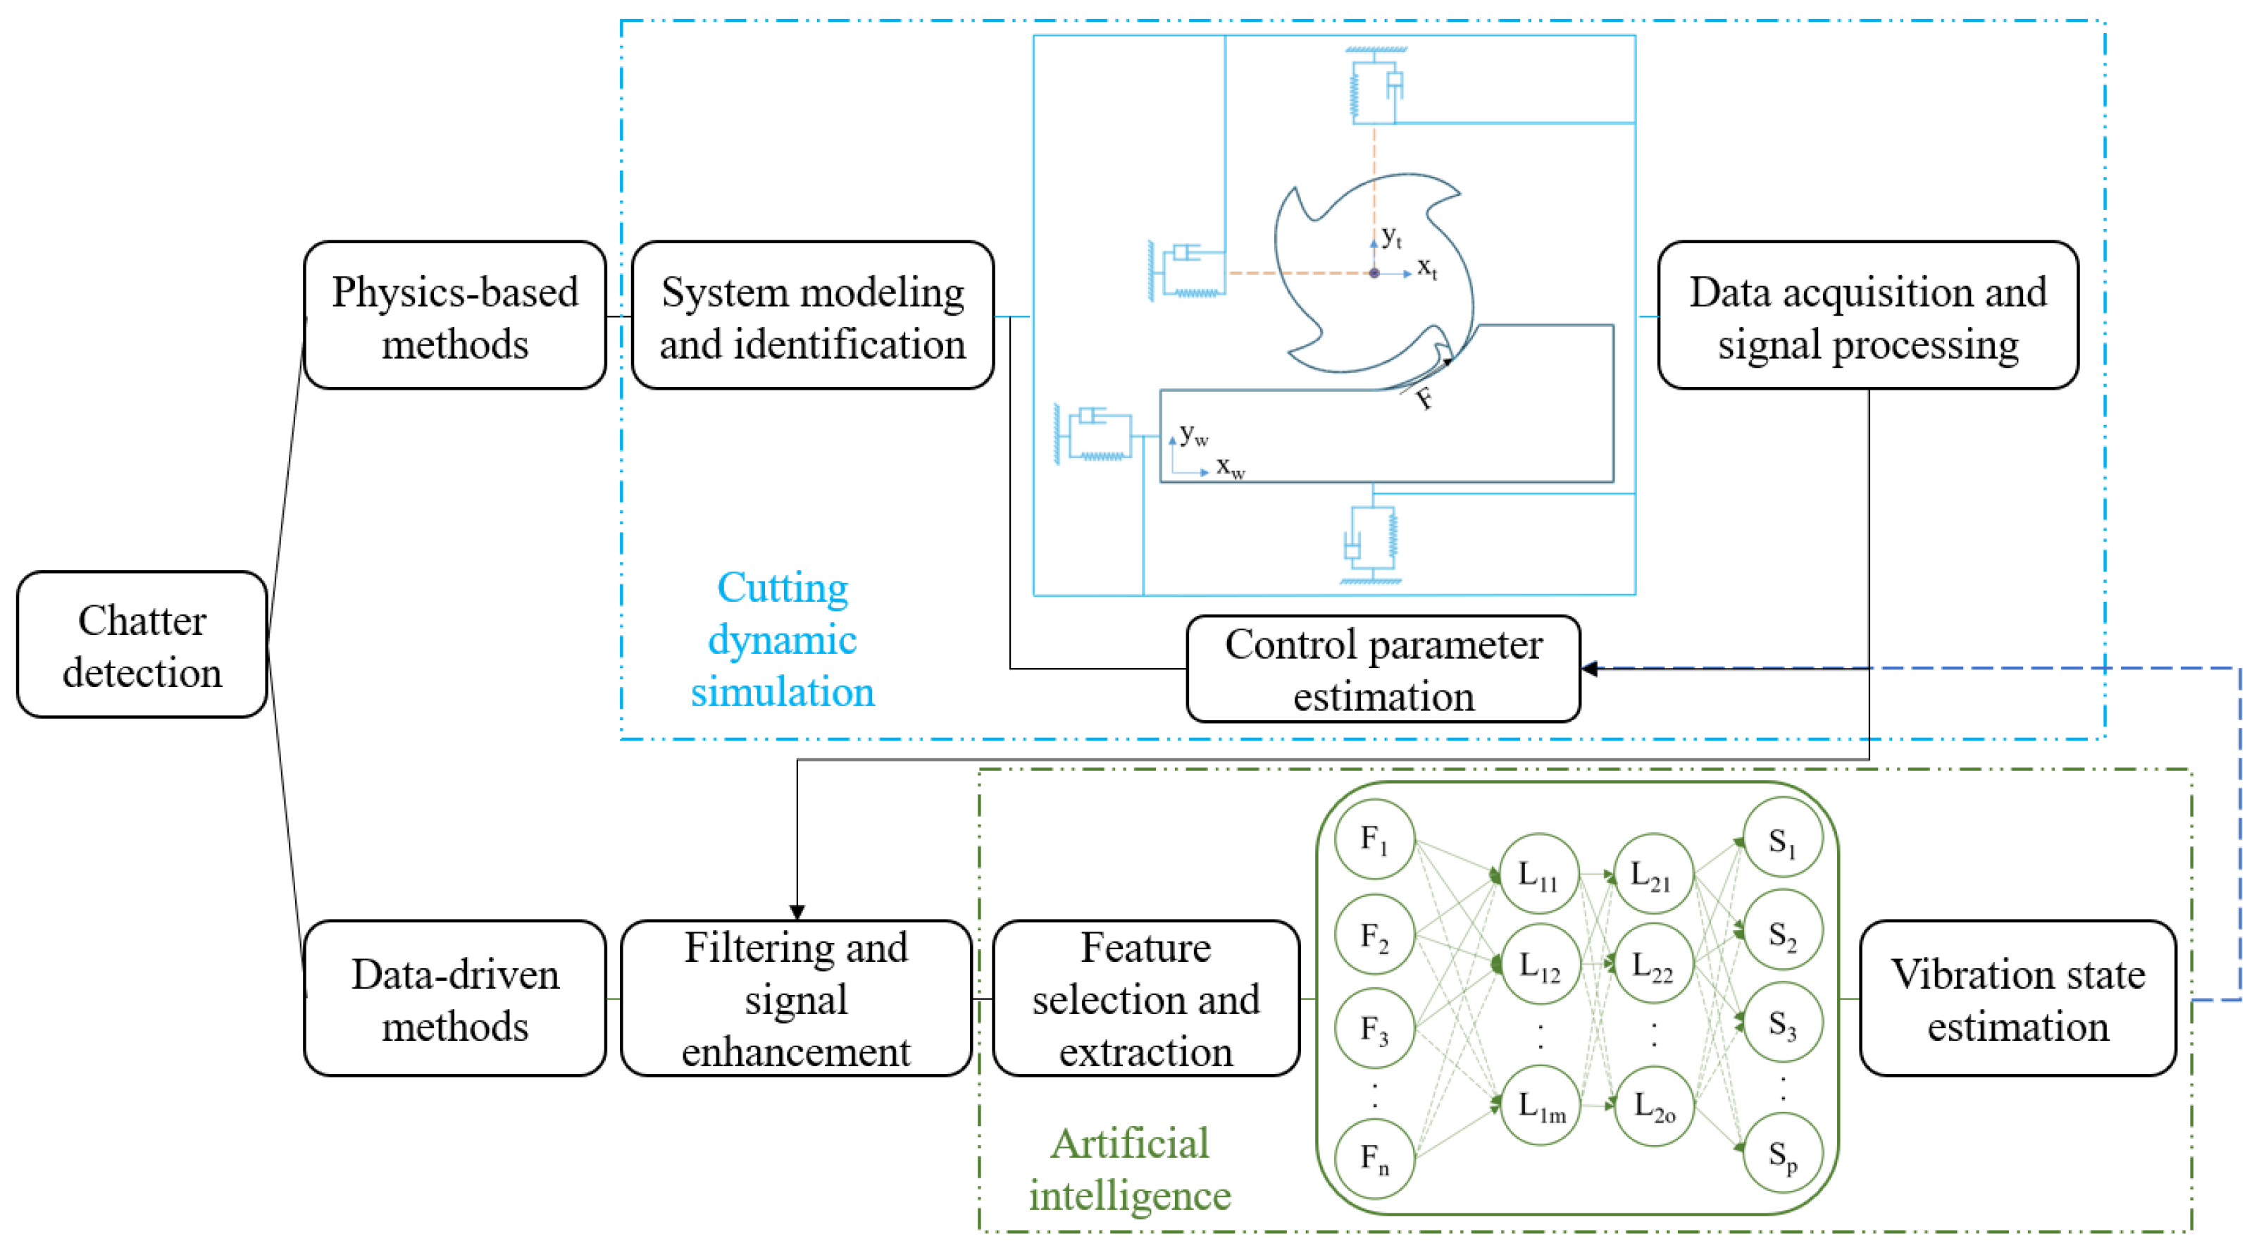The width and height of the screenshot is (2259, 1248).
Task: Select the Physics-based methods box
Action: point(454,316)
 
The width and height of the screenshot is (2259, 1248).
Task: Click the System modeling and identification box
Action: point(812,316)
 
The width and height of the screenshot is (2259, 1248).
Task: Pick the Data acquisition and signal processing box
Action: point(1867,316)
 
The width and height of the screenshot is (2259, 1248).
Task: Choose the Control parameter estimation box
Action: point(1383,669)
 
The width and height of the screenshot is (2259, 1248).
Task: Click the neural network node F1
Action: point(1374,839)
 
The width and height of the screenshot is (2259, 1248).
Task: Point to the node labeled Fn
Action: point(1374,1159)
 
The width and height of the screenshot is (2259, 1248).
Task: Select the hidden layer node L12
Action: point(1539,965)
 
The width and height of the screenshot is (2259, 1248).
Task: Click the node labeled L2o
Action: point(1654,1107)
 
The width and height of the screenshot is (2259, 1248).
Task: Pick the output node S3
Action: point(1783,1023)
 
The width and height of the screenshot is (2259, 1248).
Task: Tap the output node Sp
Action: point(1783,1154)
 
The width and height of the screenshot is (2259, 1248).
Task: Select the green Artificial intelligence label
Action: point(1130,1169)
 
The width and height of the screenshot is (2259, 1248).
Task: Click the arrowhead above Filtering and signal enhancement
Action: point(796,911)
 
